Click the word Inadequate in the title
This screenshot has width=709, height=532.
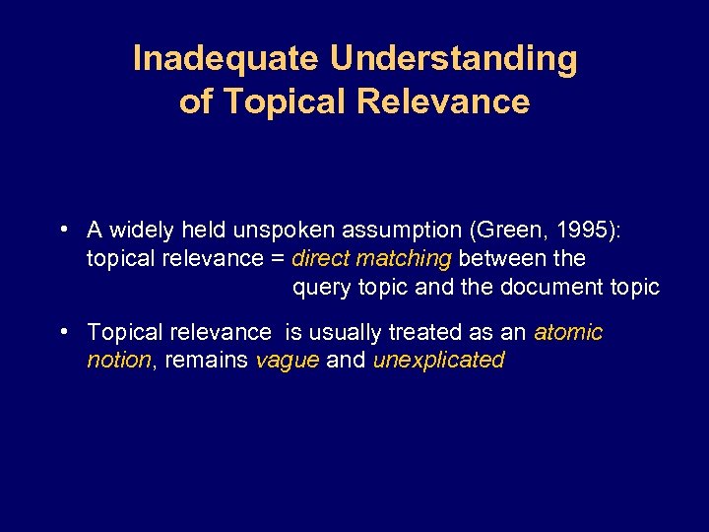226,59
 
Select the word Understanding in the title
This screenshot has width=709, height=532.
454,59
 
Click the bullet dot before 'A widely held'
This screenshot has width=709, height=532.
62,230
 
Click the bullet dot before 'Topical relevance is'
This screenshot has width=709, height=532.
62,332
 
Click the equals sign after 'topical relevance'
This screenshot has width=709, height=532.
278,259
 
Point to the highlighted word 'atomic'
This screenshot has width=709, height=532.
568,333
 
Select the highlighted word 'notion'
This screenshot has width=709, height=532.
119,361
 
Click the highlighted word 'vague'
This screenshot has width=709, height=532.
288,361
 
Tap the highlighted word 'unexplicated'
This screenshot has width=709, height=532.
438,361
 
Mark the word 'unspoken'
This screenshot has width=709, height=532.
286,231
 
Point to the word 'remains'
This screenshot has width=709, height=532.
207,361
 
